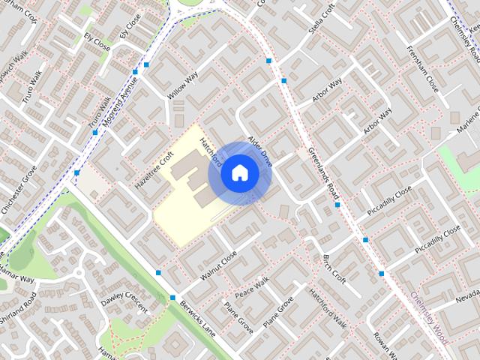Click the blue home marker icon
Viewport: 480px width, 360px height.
[x=239, y=173]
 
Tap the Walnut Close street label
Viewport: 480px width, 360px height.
[x=218, y=266]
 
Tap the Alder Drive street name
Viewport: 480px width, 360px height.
[x=260, y=151]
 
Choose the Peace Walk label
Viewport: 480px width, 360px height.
[x=252, y=289]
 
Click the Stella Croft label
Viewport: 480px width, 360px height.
[x=321, y=19]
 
